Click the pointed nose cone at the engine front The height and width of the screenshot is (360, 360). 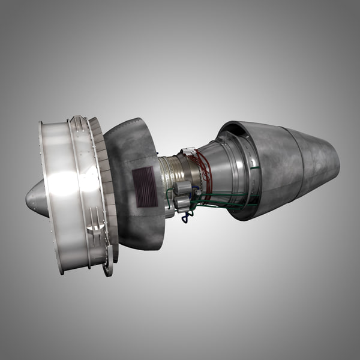click(35, 199)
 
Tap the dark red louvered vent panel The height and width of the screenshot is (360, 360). click(144, 187)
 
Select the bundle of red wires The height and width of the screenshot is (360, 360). click(205, 171)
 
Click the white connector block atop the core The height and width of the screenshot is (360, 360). click(188, 152)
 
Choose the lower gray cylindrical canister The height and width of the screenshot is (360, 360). click(182, 203)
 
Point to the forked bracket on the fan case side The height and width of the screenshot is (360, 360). click(96, 222)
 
